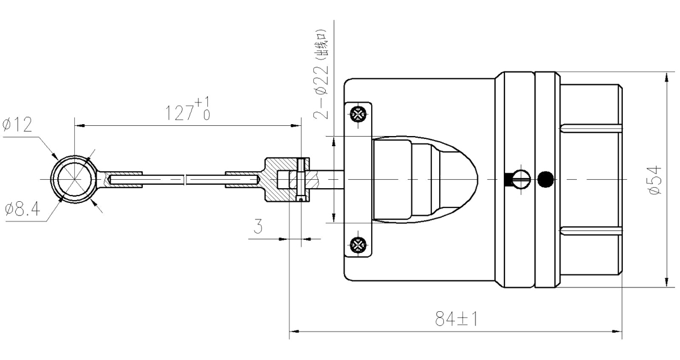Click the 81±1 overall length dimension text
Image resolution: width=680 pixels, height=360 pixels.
click(456, 321)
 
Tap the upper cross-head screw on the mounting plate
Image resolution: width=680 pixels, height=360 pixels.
click(358, 113)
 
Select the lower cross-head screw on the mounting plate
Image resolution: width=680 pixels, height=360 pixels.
click(358, 245)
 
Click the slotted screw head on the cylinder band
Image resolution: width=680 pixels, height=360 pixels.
click(520, 179)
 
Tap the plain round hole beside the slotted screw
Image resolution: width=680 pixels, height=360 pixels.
click(545, 179)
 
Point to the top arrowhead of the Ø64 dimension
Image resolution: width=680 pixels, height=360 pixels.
click(665, 77)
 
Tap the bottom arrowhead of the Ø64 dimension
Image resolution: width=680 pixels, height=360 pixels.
click(665, 283)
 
